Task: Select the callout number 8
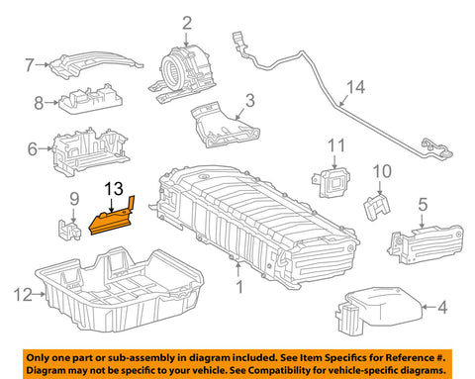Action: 38,101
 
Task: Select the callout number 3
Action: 249,100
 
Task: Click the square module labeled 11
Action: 334,179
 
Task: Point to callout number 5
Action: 423,205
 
